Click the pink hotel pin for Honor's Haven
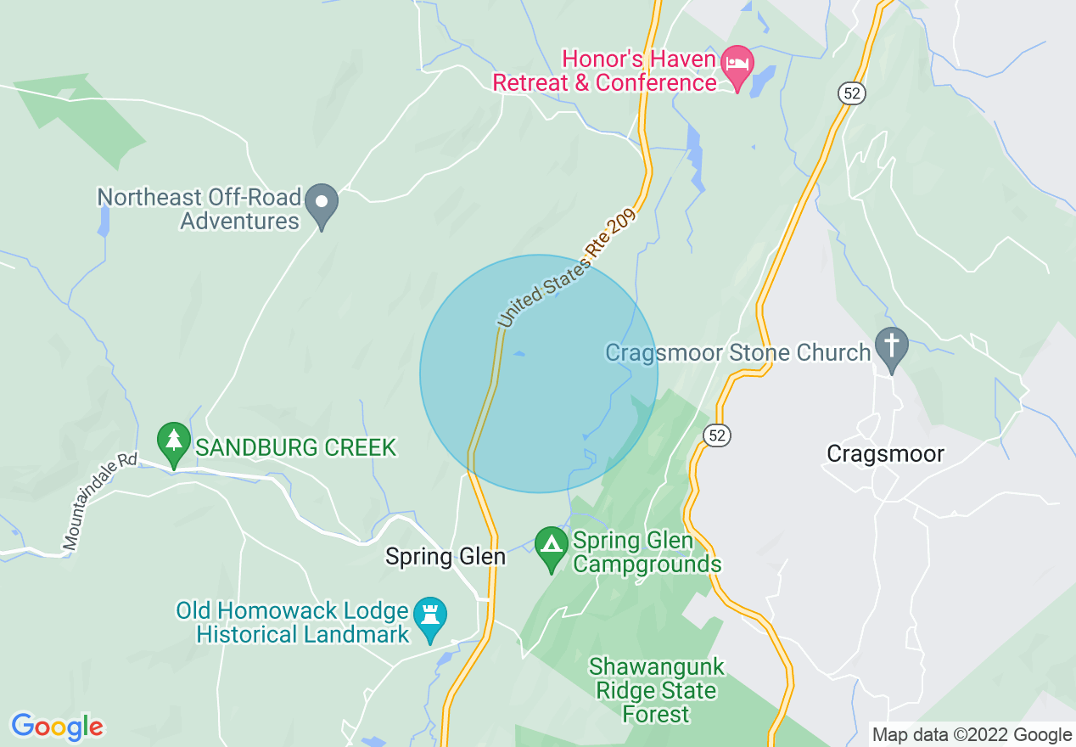pos(737,65)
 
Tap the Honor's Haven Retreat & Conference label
pos(604,71)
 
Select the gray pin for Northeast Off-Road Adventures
pos(322,204)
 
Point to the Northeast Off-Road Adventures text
pos(199,209)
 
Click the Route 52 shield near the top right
pos(853,93)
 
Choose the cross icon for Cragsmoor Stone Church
pos(892,347)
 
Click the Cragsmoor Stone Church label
pos(737,352)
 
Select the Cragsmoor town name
pos(885,454)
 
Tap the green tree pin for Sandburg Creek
pos(174,442)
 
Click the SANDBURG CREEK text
pos(296,447)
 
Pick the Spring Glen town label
pos(445,557)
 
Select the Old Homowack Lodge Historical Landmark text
pos(293,622)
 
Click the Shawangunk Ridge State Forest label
pos(657,690)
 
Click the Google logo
pos(57,727)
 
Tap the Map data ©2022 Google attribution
pos(972,735)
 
